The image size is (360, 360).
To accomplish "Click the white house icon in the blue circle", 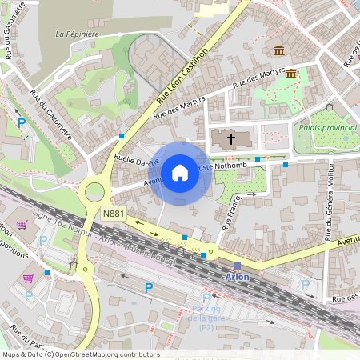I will [180, 173].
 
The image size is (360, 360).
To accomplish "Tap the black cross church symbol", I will [231, 139].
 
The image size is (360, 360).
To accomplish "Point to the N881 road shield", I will [113, 214].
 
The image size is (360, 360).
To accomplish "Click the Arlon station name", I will [237, 277].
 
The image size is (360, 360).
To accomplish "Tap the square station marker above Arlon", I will [237, 266].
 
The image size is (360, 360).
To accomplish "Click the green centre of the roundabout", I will [95, 191].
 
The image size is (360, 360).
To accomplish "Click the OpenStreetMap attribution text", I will [80, 354].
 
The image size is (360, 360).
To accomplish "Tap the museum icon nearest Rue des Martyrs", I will [291, 74].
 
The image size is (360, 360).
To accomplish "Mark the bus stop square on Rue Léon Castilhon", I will [122, 136].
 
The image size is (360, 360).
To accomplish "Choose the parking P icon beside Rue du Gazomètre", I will [22, 123].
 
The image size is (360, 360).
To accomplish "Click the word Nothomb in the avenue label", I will [239, 165].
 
